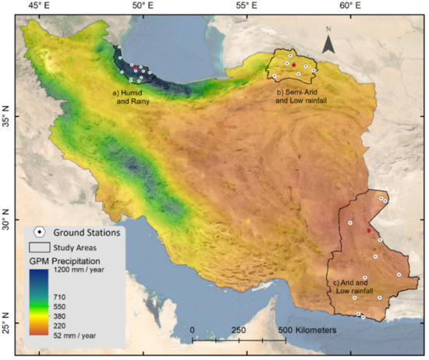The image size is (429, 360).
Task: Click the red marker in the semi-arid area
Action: pyautogui.click(x=294, y=65)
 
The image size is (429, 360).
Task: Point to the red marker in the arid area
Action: pyautogui.click(x=369, y=231)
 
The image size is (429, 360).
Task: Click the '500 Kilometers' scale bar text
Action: pyautogui.click(x=308, y=330)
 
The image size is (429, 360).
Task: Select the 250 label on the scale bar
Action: pyautogui.click(x=239, y=330)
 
